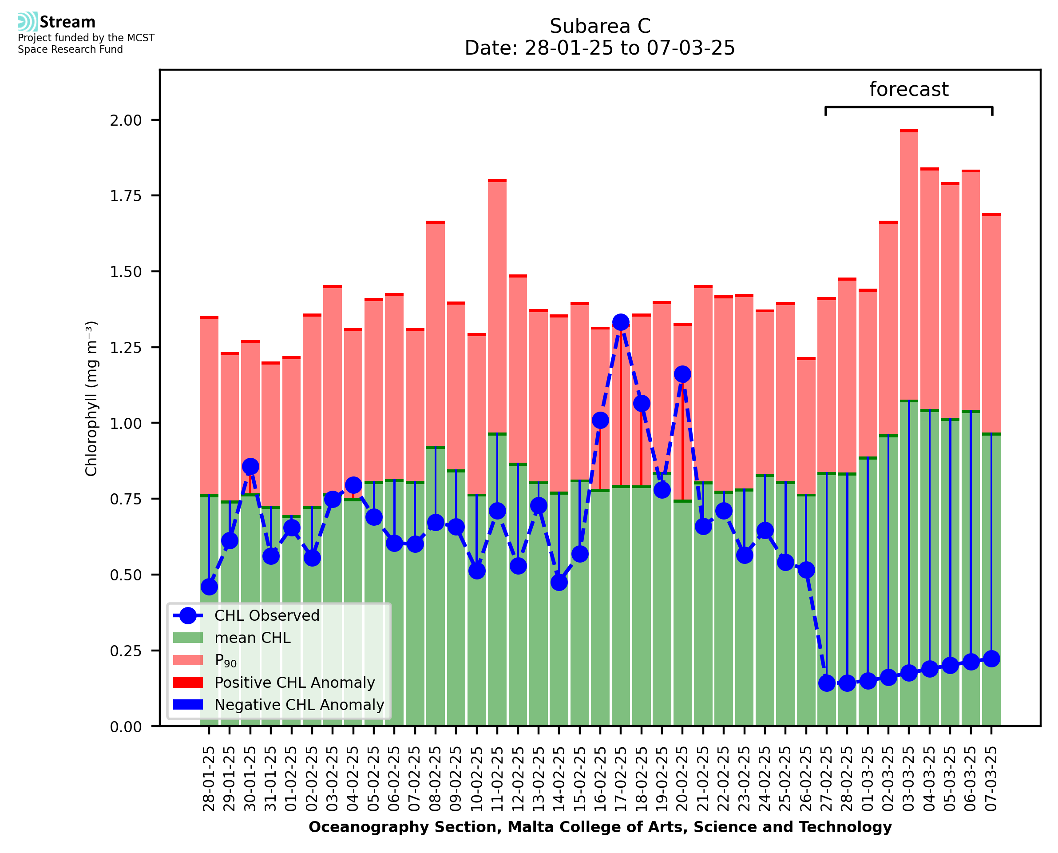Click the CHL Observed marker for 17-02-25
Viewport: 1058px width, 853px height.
[620, 322]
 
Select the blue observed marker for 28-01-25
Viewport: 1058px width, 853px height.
[209, 587]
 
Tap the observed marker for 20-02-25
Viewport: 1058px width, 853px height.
[682, 374]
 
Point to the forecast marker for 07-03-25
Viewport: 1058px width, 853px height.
[991, 659]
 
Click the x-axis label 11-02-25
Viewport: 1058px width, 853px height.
[498, 779]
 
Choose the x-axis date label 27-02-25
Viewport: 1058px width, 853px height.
[827, 779]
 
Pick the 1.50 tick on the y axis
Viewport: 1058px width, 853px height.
[125, 272]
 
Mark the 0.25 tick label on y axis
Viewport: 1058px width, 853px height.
[125, 651]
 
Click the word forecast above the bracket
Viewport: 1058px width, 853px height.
[909, 89]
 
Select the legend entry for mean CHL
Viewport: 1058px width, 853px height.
[253, 638]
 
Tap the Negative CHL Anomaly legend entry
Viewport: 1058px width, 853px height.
[299, 705]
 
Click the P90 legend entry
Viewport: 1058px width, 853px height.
[226, 660]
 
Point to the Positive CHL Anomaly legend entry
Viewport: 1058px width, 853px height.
[294, 682]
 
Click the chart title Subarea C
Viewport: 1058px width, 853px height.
[600, 26]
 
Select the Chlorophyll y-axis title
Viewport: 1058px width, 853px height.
[91, 398]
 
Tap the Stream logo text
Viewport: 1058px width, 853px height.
[67, 22]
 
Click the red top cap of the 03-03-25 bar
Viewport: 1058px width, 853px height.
[909, 131]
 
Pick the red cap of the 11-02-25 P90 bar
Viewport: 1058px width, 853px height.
[497, 181]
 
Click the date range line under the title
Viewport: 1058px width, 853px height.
[600, 48]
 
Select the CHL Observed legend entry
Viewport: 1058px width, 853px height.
[267, 616]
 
